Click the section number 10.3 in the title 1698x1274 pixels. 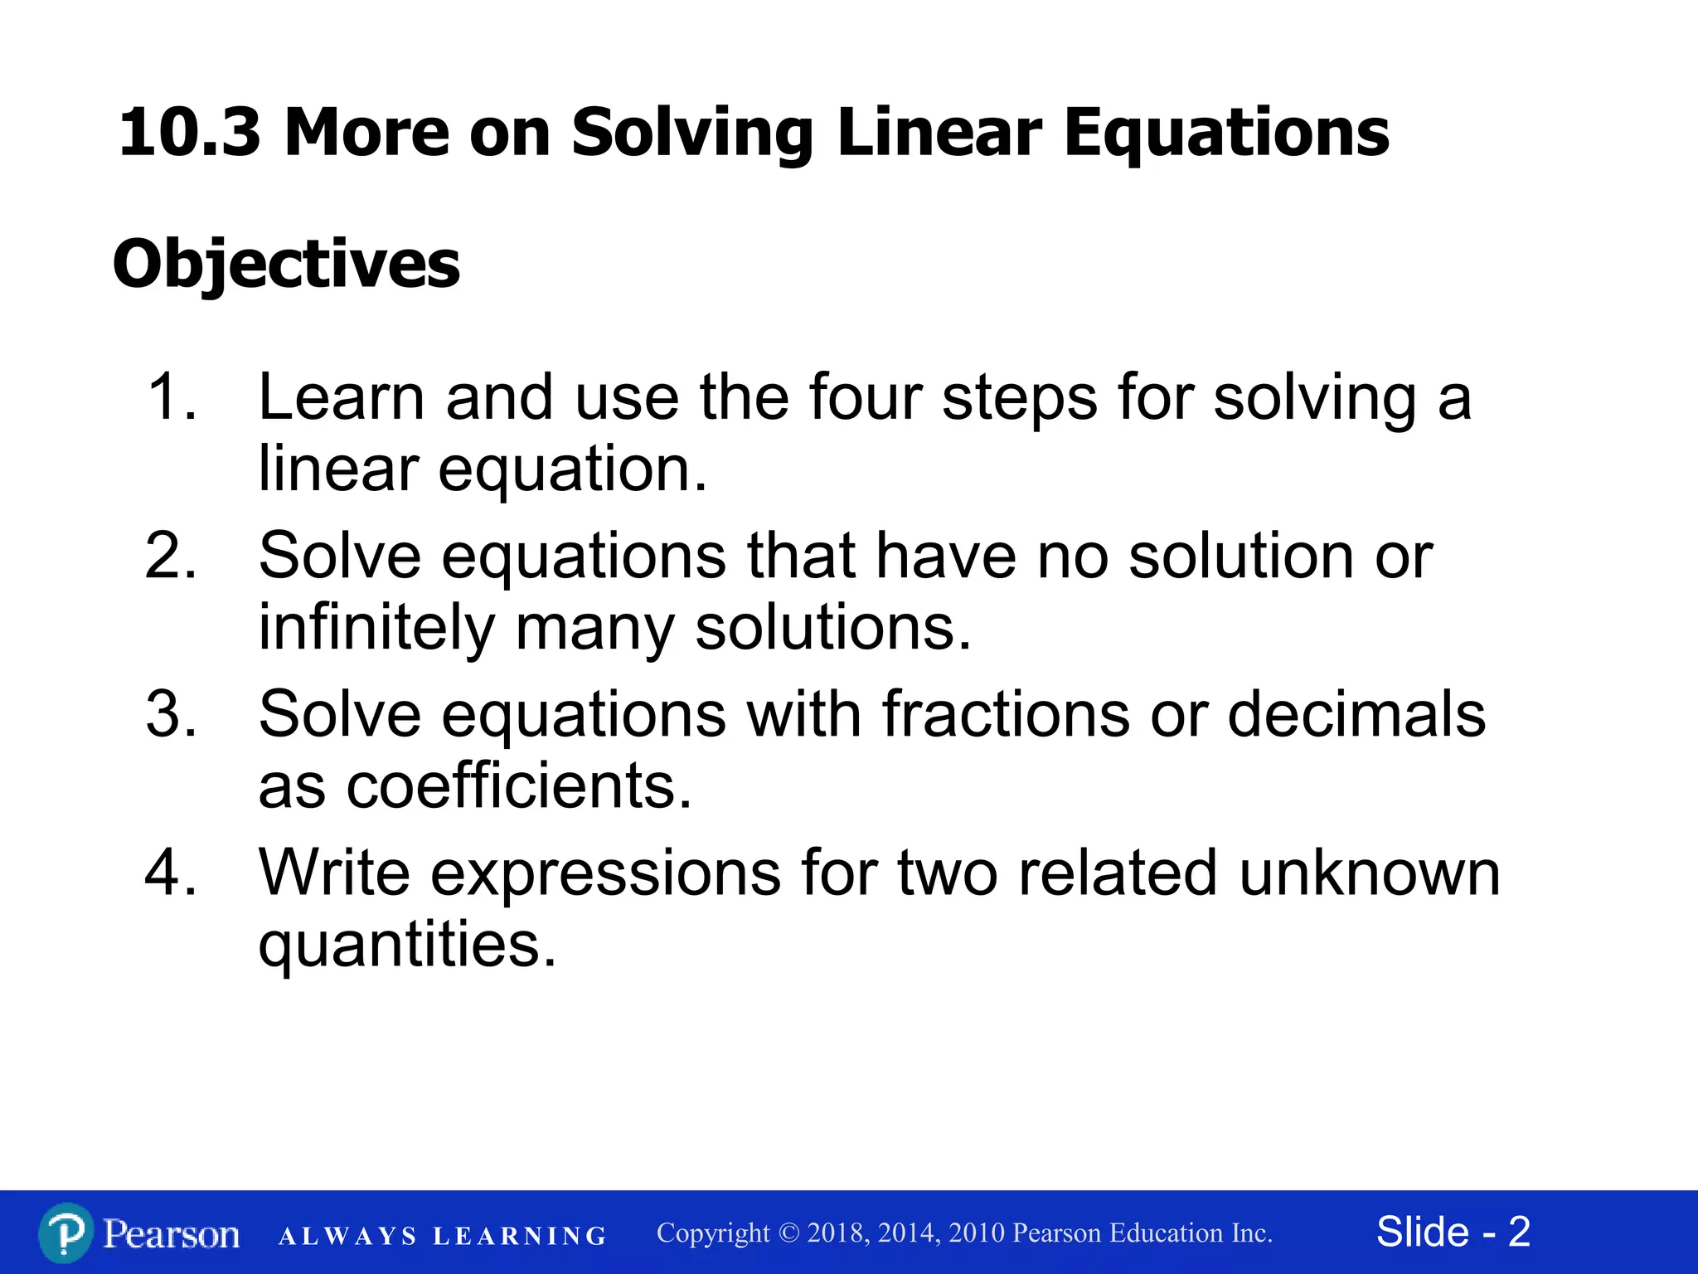point(189,133)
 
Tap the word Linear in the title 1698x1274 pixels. point(939,133)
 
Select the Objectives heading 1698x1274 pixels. point(286,265)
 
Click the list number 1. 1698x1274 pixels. point(171,397)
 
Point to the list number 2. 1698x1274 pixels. point(171,556)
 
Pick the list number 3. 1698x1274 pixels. point(171,714)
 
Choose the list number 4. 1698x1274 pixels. point(171,873)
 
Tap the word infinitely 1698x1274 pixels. point(376,627)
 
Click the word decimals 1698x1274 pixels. point(1356,714)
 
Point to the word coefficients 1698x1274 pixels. point(518,785)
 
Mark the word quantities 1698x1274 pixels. point(406,946)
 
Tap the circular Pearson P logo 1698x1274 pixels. point(65,1233)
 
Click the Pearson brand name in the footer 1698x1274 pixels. point(172,1234)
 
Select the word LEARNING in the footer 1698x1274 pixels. point(520,1237)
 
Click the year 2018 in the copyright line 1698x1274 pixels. point(837,1233)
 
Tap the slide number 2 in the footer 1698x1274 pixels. point(1519,1232)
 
